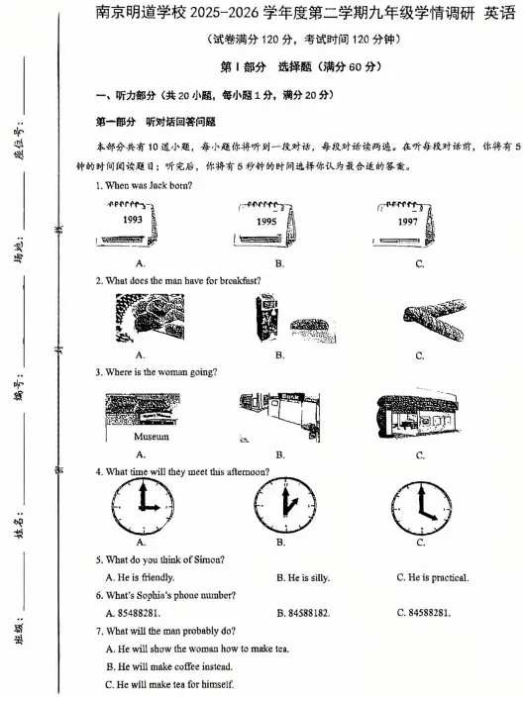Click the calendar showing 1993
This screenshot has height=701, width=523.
pos(128,224)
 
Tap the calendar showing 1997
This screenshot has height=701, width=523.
pos(408,224)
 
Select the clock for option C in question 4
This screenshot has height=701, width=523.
pos(420,504)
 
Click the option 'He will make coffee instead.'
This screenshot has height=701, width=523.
pos(174,666)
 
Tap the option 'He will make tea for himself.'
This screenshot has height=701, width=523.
pos(174,684)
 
